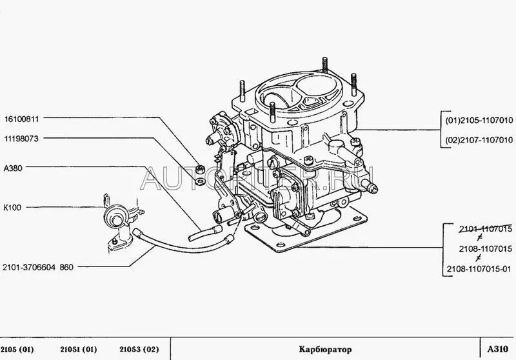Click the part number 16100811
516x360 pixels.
[x=21, y=119]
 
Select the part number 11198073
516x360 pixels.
[x=21, y=139]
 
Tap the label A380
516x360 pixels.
[x=13, y=168]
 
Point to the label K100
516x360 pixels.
[x=12, y=208]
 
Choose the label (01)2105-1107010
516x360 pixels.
[x=479, y=121]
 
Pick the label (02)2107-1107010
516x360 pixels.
[x=479, y=140]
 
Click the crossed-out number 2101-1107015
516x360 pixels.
[x=486, y=229]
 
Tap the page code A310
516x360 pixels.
[x=498, y=350]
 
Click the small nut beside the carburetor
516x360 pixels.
[x=201, y=169]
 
